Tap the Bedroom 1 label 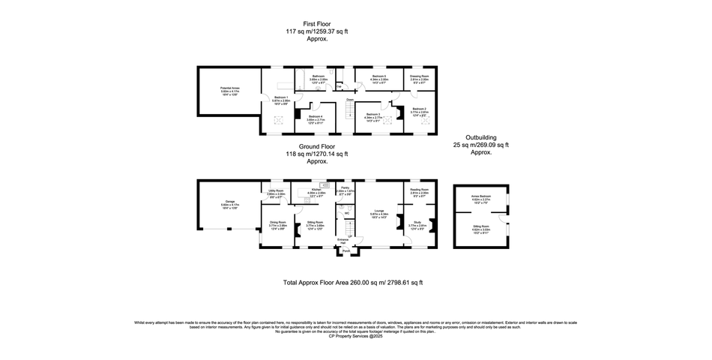281,97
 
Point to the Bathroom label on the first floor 319,76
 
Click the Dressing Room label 419,76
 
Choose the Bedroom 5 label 380,76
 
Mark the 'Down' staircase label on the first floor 350,99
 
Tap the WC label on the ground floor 348,214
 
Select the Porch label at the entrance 346,251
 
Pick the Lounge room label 380,211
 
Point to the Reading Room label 419,190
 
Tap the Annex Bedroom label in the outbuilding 480,196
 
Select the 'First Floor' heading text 307,24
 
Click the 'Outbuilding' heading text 480,137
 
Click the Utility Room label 275,190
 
